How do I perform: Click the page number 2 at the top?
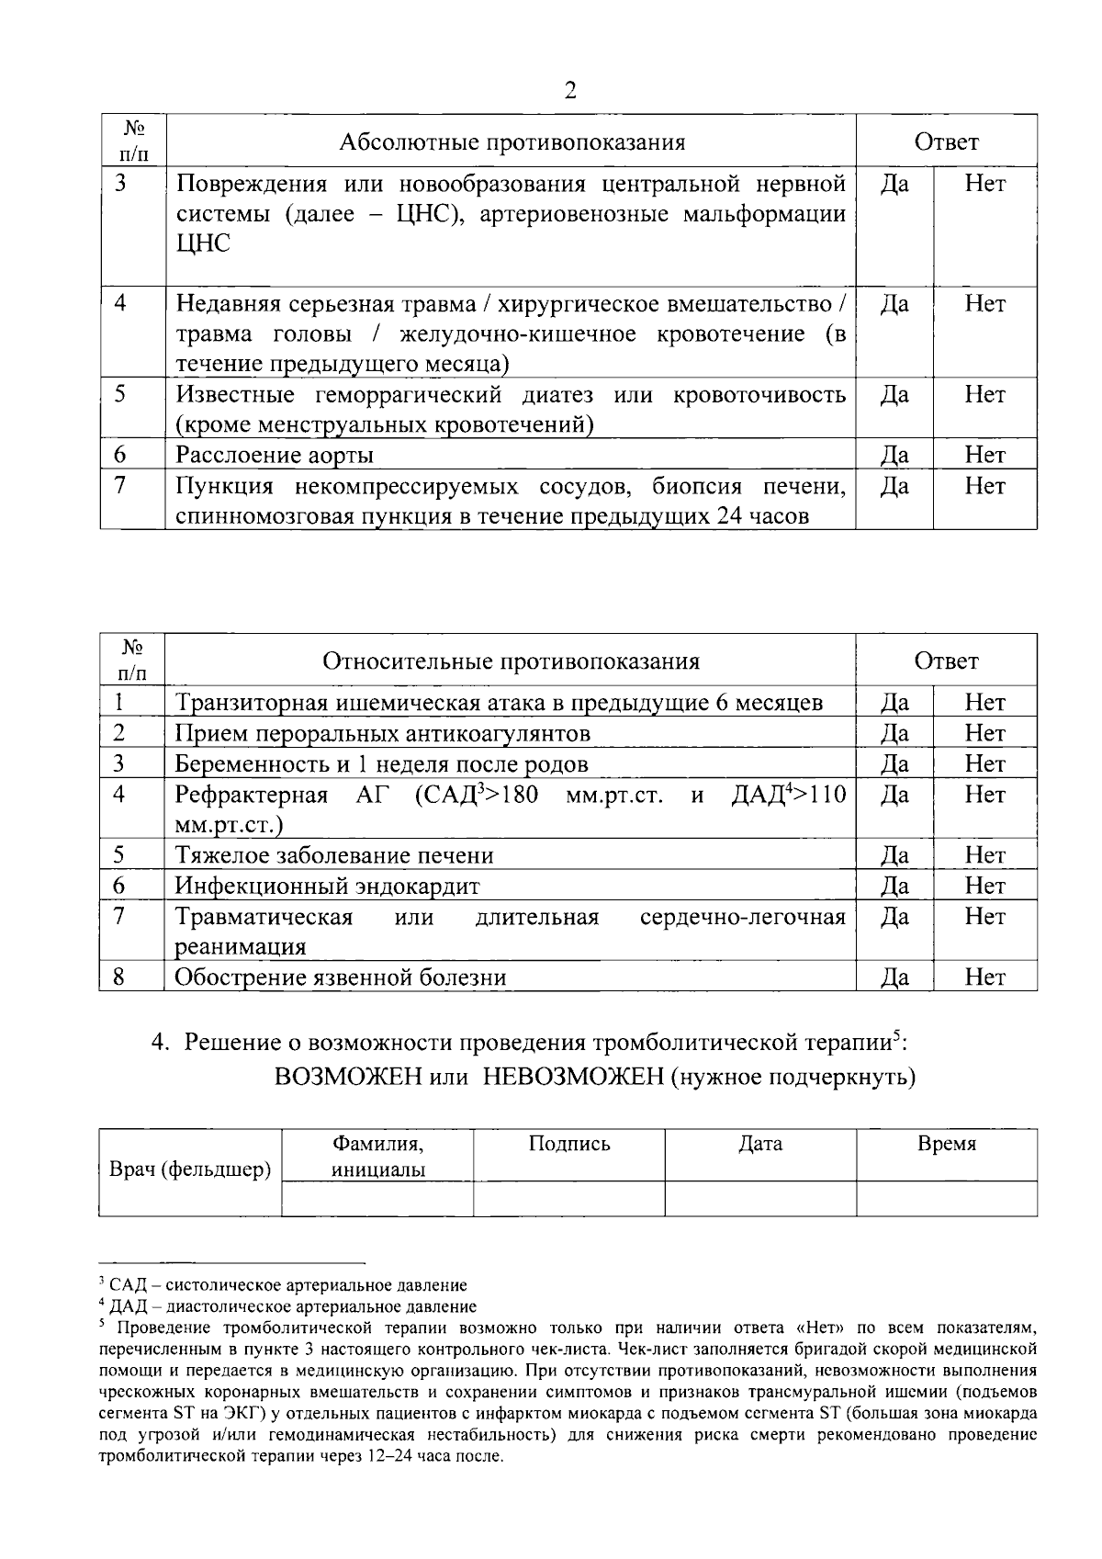coord(569,91)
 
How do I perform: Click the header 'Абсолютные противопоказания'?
coord(512,142)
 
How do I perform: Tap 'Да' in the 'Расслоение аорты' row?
coord(894,455)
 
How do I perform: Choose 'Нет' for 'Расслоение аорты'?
coord(984,455)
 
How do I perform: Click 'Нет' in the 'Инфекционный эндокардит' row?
coord(984,886)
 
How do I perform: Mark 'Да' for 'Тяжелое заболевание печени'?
coord(894,855)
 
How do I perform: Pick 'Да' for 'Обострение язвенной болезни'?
coord(894,977)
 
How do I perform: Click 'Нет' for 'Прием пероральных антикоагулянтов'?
coord(984,733)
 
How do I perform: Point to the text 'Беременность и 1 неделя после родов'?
coord(382,764)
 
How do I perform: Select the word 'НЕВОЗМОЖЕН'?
coord(573,1076)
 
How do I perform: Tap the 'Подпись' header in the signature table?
coord(569,1144)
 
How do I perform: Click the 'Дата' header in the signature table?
coord(760,1144)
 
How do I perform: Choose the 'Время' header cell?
coord(947,1144)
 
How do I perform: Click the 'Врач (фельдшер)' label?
coord(190,1169)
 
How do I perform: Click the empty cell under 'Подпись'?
coord(569,1199)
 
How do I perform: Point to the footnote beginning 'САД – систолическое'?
coord(287,1285)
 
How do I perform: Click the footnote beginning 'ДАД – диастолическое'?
coord(293,1306)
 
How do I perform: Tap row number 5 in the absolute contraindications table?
coord(120,395)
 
